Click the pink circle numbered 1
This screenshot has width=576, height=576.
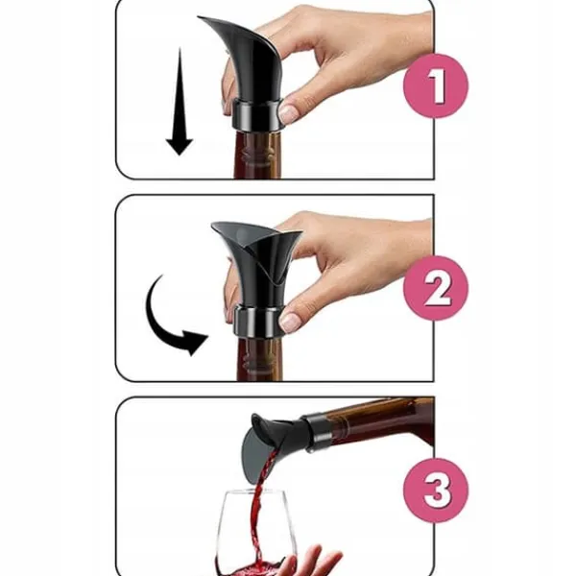pos(436,86)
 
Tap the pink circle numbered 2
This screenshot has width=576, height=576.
pos(436,288)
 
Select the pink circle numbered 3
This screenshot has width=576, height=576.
pos(436,491)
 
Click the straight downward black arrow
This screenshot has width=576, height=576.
pos(180,102)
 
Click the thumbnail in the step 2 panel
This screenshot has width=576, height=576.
pos(290,322)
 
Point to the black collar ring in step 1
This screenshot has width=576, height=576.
pos(257,114)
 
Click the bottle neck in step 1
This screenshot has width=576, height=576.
pos(257,155)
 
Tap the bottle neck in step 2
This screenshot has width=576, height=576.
pos(260,359)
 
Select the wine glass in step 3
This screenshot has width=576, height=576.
pos(253,533)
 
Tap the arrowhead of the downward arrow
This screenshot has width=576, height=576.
pos(180,146)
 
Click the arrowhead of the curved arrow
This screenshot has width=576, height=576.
pos(195,342)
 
